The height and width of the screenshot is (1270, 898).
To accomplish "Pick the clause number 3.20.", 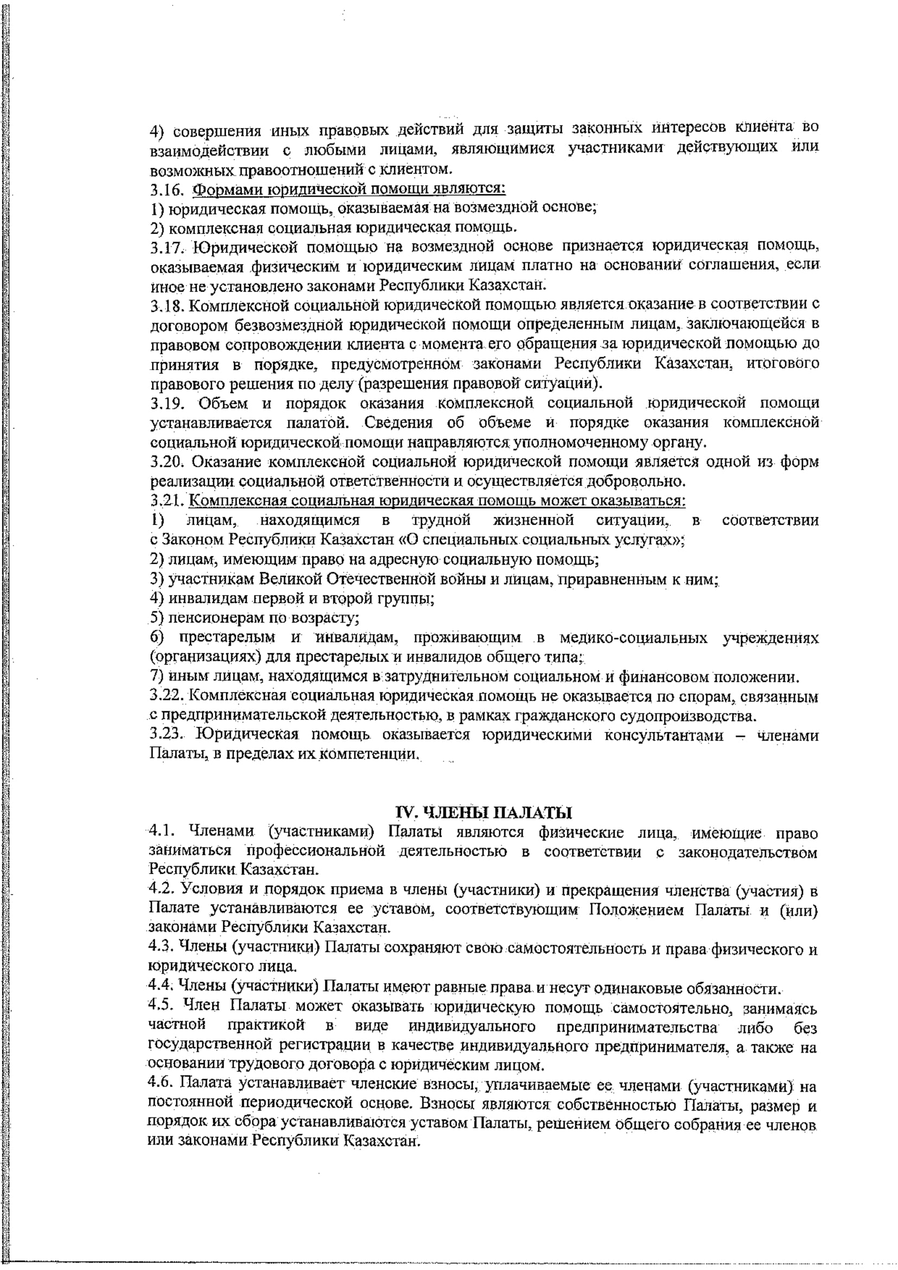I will coord(166,462).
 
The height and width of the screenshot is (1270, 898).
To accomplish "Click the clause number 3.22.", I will coord(166,697).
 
